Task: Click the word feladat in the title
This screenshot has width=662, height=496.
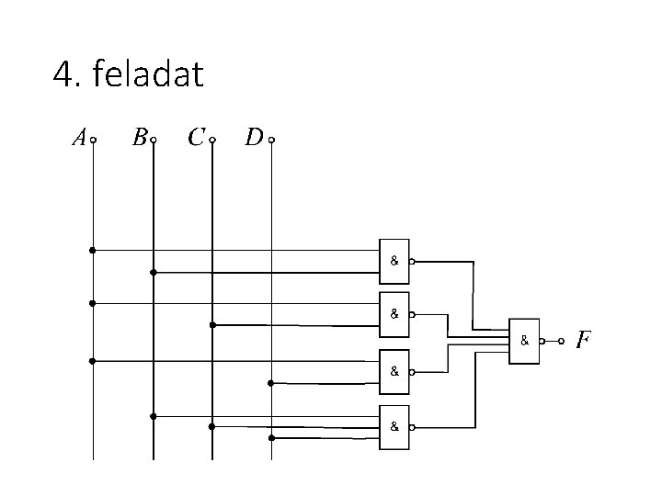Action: (146, 74)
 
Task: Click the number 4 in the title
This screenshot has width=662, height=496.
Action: (63, 74)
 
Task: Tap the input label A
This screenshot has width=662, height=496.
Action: (79, 139)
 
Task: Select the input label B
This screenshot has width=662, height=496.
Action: (139, 139)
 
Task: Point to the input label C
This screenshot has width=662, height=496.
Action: (195, 139)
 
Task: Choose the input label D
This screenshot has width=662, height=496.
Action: (254, 139)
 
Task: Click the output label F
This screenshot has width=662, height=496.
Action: (582, 341)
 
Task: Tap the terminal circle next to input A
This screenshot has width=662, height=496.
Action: (94, 141)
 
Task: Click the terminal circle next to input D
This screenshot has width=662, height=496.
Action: (271, 141)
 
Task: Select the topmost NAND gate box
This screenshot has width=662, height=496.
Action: (394, 261)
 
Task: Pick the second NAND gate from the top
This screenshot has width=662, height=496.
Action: (394, 313)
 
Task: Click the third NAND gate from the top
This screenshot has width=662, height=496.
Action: (394, 372)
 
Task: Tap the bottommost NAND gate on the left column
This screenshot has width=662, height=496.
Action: (394, 427)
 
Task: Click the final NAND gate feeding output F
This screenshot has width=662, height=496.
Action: (524, 341)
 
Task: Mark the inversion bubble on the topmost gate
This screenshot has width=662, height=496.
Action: (412, 261)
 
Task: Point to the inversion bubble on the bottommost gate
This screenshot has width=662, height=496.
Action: (412, 427)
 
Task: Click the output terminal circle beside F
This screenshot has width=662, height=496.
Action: (561, 341)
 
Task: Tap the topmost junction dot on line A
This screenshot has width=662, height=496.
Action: (92, 250)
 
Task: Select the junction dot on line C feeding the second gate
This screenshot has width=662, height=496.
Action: (212, 324)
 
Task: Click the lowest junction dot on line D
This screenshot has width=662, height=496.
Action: (271, 438)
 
